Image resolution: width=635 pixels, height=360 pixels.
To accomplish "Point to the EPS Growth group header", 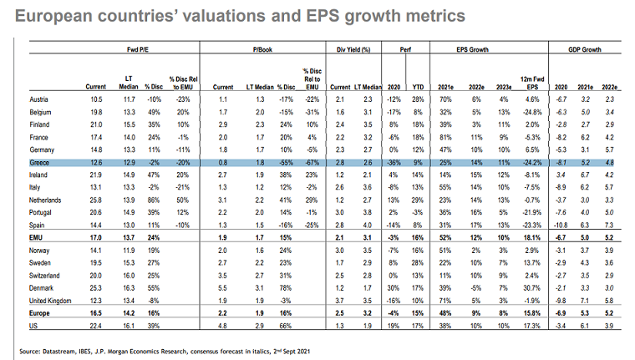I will tap(474, 49).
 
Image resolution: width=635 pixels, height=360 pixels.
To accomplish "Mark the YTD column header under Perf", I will tap(417, 87).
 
